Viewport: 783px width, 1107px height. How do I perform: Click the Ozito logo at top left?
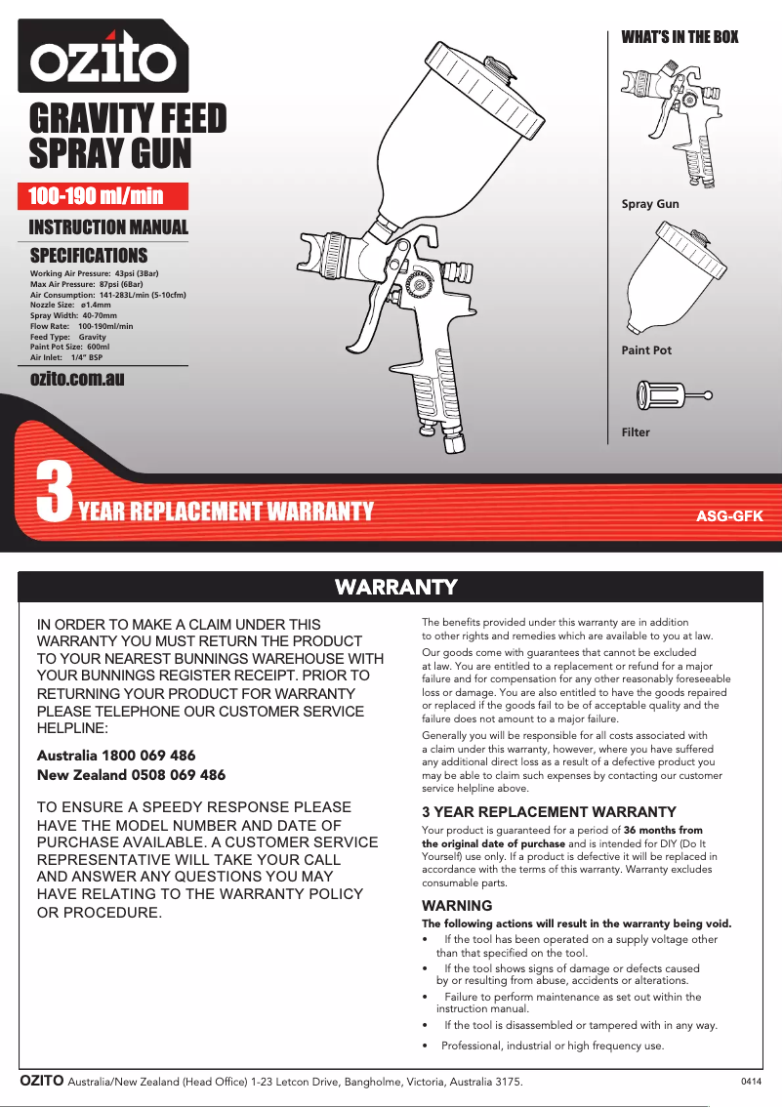click(x=103, y=61)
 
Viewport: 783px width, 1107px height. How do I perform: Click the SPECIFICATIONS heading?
click(x=89, y=256)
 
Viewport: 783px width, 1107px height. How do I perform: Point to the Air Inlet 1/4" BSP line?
click(x=66, y=358)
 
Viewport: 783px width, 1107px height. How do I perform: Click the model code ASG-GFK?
click(x=727, y=514)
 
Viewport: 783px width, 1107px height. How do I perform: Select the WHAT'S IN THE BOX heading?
click(x=680, y=37)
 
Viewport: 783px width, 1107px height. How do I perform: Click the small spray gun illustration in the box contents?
click(x=678, y=122)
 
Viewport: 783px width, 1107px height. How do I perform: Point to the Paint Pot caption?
click(x=646, y=350)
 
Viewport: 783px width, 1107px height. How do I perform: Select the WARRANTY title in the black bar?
click(x=395, y=587)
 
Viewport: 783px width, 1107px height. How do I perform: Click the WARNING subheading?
click(x=457, y=906)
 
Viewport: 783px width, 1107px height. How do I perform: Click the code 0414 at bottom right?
click(x=751, y=1081)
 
